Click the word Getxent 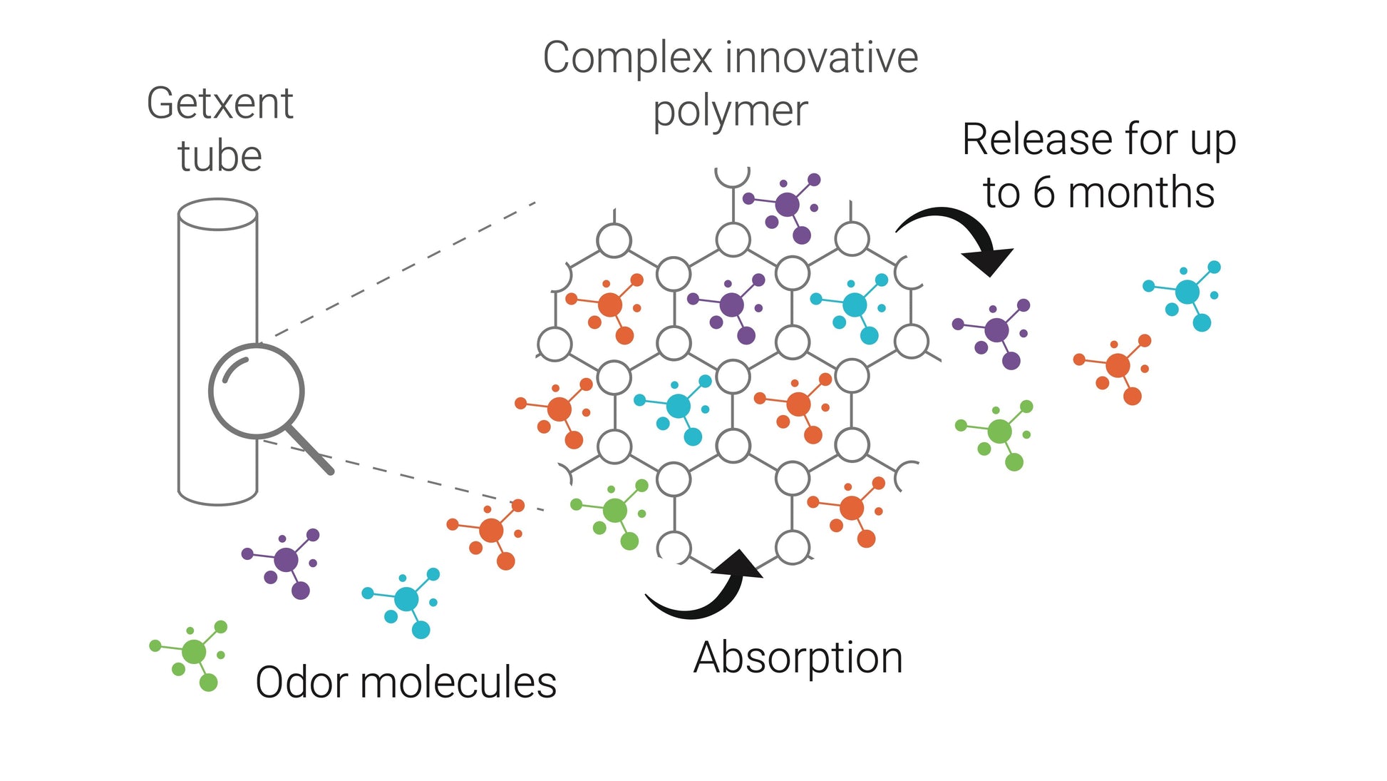[220, 104]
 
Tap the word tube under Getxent [220, 157]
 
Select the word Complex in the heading [627, 58]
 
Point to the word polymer [731, 112]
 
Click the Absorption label [798, 658]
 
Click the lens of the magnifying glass [257, 391]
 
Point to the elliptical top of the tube [217, 214]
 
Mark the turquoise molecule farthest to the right [1187, 292]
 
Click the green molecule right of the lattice [999, 432]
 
